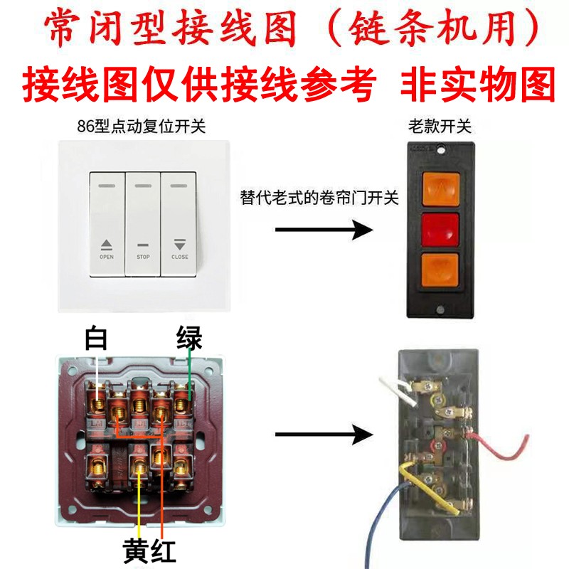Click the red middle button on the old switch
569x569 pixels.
tap(440, 228)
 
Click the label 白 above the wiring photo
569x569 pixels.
tap(96, 339)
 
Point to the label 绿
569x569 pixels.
tap(189, 339)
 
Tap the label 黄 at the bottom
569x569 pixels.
tap(136, 549)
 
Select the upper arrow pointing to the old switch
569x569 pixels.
tap(324, 230)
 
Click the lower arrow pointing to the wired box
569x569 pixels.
tap(324, 434)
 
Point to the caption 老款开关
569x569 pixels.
tap(440, 127)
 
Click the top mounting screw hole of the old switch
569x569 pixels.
tap(441, 151)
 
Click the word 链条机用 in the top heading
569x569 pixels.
tap(441, 28)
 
